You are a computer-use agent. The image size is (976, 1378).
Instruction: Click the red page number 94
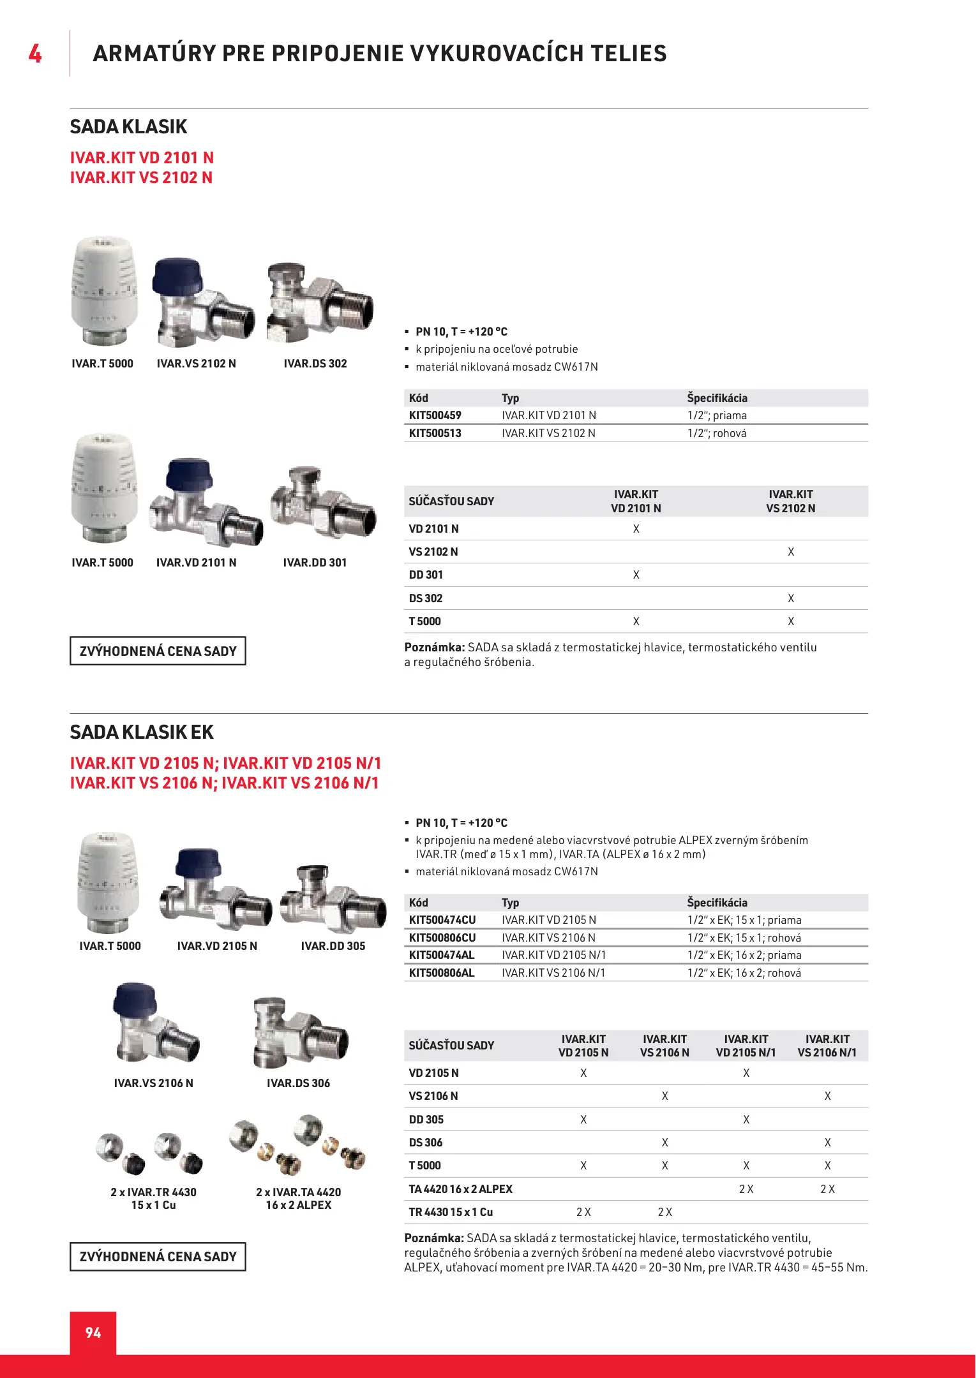pos(93,1333)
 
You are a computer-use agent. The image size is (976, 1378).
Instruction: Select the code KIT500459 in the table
pos(435,415)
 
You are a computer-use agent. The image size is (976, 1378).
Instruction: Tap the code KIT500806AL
pos(442,973)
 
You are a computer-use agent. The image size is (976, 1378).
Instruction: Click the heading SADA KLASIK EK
pos(142,732)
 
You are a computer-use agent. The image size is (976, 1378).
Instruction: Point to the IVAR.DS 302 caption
pos(315,364)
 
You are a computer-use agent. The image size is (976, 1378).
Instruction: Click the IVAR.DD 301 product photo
pos(323,504)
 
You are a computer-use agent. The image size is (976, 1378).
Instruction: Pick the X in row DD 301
pos(636,575)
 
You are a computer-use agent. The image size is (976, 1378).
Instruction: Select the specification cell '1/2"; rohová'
pos(717,433)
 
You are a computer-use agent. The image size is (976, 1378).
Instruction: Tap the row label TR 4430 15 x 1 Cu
pos(451,1212)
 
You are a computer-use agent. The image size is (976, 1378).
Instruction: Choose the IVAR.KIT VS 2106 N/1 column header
pos(827,1046)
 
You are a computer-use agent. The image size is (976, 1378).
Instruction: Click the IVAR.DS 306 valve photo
pos(299,1032)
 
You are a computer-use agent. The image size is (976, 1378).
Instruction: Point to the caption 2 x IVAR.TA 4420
pos(299,1192)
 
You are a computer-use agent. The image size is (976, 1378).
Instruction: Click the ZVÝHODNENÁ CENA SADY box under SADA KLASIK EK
pos(158,1257)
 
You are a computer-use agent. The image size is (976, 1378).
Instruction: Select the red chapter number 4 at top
pos(35,54)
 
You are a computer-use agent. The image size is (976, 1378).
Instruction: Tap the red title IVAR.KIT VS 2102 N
pos(142,177)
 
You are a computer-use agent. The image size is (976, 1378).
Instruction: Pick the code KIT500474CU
pos(442,920)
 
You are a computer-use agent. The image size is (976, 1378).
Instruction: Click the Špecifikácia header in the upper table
pos(717,398)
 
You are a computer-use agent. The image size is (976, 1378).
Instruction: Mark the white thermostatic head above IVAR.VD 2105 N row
pos(107,882)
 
